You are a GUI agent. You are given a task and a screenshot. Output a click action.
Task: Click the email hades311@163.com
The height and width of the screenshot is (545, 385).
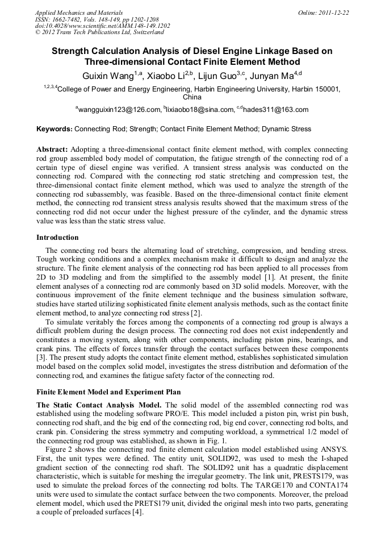point(276,110)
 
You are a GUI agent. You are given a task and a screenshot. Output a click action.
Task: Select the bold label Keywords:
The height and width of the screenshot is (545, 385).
point(55,129)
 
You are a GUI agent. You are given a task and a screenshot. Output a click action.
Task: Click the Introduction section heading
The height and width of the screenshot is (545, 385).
point(57,238)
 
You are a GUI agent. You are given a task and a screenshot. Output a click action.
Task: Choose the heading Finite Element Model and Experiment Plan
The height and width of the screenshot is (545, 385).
point(108,392)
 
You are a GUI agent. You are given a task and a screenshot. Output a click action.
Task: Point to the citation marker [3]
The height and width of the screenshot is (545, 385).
point(41,356)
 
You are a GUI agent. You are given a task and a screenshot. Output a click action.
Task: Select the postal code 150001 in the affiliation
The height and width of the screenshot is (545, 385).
point(327,89)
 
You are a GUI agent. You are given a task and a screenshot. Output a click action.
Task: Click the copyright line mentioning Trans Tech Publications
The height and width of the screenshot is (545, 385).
point(99,32)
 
